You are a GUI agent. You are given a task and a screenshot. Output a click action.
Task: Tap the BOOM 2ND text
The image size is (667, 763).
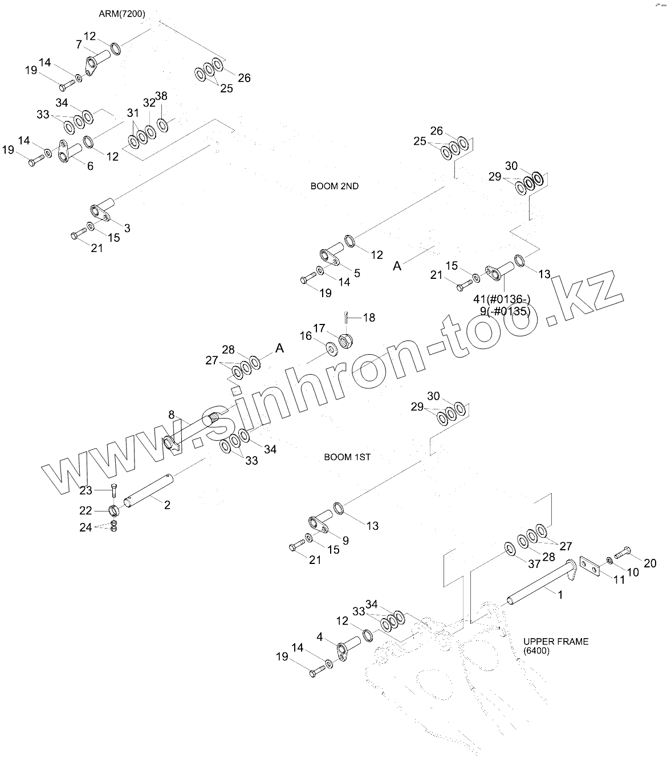[x=335, y=186]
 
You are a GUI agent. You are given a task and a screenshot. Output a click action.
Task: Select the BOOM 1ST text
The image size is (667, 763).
[x=347, y=457]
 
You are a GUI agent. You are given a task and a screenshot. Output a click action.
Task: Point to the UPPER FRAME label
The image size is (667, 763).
[x=556, y=642]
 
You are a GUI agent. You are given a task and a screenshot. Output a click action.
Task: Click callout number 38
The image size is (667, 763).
[x=161, y=96]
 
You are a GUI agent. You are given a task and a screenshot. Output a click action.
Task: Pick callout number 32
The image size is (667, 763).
[x=149, y=103]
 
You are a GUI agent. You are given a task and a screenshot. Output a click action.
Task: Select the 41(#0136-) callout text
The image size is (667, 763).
[x=502, y=300]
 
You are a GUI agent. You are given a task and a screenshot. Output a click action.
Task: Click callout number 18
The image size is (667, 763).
[x=369, y=318]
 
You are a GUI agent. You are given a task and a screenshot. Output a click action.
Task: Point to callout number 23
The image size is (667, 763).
[x=86, y=490]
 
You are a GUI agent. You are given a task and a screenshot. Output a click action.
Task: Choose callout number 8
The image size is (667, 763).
[x=171, y=414]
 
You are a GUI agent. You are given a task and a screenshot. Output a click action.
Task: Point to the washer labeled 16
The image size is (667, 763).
[x=331, y=347]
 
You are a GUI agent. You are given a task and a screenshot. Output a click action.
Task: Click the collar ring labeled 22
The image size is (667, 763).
[x=113, y=509]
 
